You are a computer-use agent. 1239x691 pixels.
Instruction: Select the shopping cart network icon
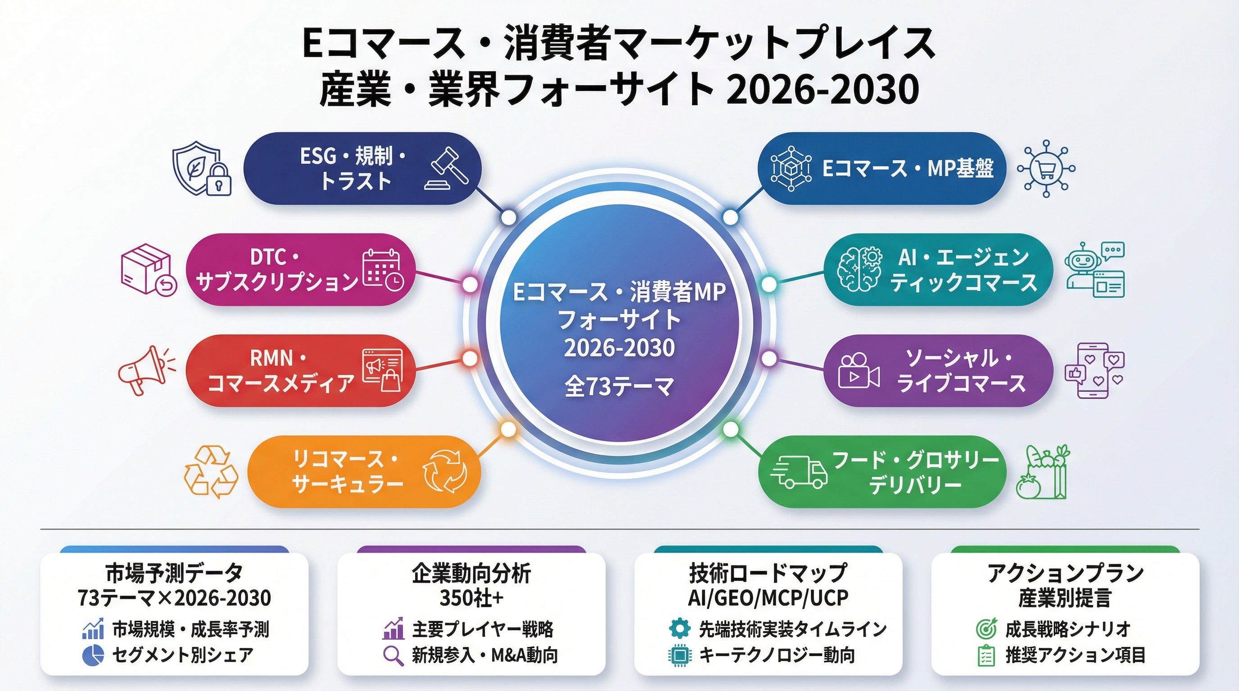pyautogui.click(x=1046, y=169)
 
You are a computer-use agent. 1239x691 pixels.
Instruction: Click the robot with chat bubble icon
pyautogui.click(x=1094, y=269)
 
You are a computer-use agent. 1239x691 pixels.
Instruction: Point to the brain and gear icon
pyautogui.click(x=860, y=269)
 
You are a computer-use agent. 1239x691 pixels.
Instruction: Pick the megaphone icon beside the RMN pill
pyautogui.click(x=146, y=370)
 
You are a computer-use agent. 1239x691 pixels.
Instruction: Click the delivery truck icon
pyautogui.click(x=798, y=471)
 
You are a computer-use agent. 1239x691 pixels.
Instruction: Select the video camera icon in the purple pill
pyautogui.click(x=859, y=371)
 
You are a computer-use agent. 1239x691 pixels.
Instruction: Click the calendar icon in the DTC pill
pyautogui.click(x=383, y=269)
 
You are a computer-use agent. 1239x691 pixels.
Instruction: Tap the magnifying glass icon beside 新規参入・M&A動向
pyautogui.click(x=393, y=655)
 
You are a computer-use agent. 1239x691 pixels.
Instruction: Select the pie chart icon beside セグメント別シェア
pyautogui.click(x=93, y=655)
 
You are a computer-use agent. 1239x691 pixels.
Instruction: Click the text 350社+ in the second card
pyautogui.click(x=471, y=598)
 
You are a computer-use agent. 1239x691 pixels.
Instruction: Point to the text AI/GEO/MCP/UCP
pyautogui.click(x=768, y=598)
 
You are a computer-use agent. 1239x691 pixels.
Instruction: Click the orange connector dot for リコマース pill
pyautogui.click(x=508, y=429)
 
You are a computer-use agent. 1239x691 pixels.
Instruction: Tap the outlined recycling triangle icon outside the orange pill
pyautogui.click(x=211, y=472)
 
